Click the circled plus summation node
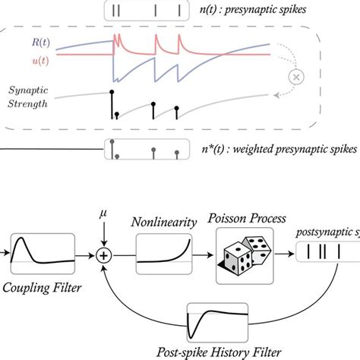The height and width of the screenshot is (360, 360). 103,257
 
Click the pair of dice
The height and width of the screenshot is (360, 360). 245,257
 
